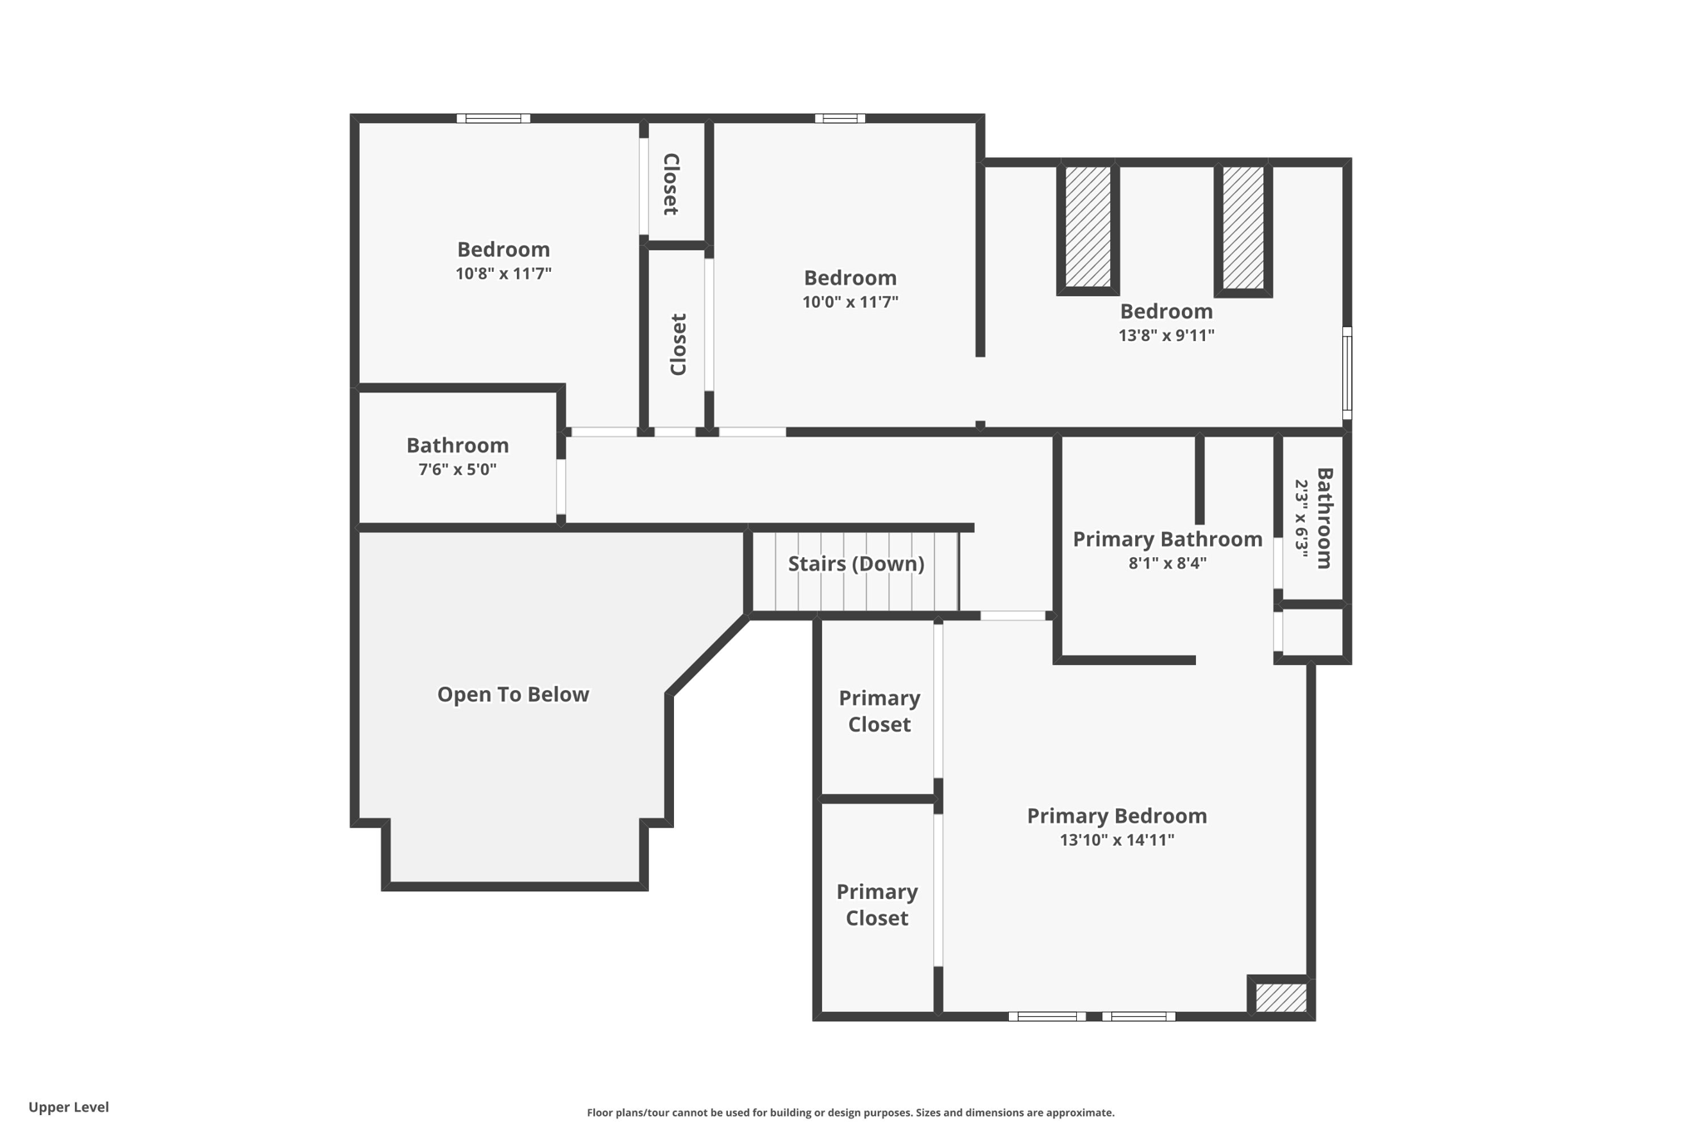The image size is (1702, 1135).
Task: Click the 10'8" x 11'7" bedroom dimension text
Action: point(503,274)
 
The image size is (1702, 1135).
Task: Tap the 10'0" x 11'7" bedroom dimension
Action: point(850,302)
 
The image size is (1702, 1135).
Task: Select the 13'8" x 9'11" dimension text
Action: point(1166,336)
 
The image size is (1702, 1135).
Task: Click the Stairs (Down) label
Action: point(856,564)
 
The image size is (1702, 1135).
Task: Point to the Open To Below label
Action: point(513,694)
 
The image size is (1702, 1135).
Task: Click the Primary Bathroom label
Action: point(1167,539)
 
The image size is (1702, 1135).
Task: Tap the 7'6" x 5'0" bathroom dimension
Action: point(457,470)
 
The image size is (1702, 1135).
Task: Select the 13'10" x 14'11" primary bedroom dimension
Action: point(1116,840)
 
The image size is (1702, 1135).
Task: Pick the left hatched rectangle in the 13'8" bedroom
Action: point(1088,227)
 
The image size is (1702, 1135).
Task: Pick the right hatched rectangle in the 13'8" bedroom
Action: point(1243,227)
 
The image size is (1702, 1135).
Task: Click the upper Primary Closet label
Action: point(879,711)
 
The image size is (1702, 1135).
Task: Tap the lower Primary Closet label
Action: point(877,905)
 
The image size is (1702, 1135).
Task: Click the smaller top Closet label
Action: point(671,185)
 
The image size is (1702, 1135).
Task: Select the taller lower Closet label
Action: point(679,344)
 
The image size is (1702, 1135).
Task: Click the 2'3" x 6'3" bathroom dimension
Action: point(1301,519)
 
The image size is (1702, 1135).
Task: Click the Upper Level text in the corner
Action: point(69,1107)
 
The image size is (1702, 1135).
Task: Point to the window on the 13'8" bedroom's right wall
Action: point(1347,373)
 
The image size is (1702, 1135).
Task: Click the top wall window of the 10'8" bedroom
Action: point(493,119)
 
